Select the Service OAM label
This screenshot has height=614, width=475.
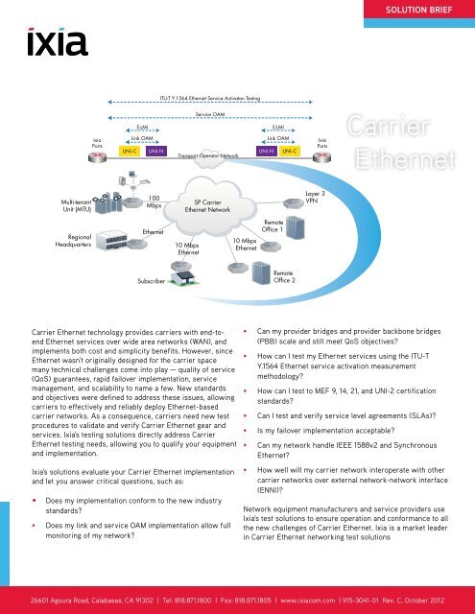point(209,112)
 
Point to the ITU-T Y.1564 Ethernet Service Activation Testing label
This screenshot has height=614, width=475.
point(210,97)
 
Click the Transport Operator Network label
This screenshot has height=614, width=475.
point(205,154)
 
